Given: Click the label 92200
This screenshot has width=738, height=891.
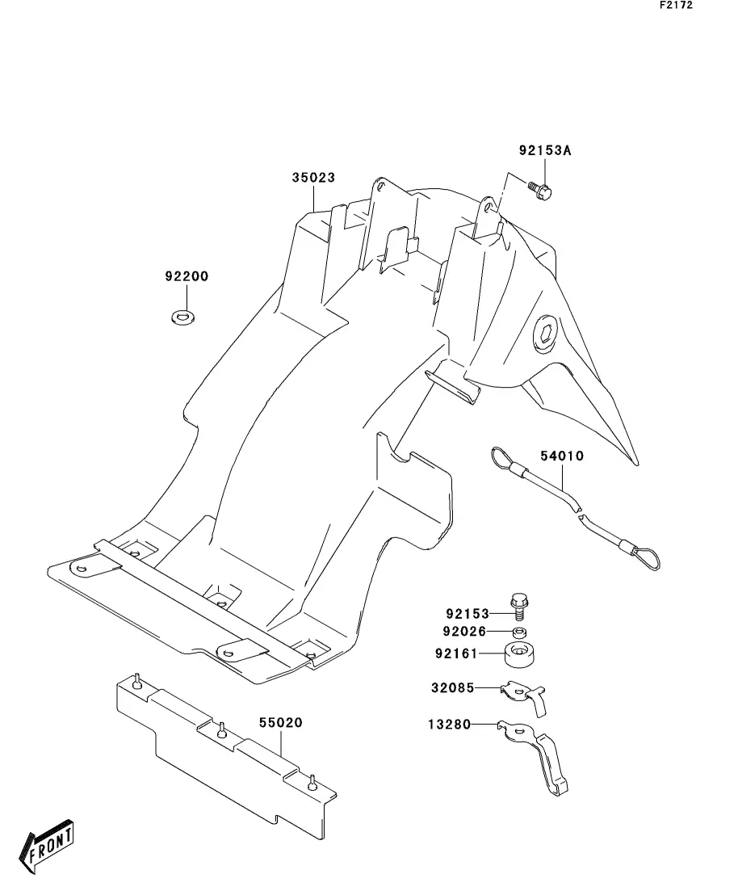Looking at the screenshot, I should (x=187, y=276).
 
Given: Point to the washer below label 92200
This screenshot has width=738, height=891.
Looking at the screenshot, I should (x=184, y=315).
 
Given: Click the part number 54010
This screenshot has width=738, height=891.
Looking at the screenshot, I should (x=561, y=456).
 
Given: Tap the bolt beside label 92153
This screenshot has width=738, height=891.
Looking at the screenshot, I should (x=518, y=607).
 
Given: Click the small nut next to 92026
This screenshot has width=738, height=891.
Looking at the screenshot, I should (x=520, y=633).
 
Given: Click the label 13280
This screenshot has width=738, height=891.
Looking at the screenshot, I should (x=449, y=725).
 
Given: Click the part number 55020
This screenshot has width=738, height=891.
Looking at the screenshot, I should (x=280, y=722).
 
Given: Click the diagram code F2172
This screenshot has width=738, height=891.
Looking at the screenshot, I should (x=676, y=6).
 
